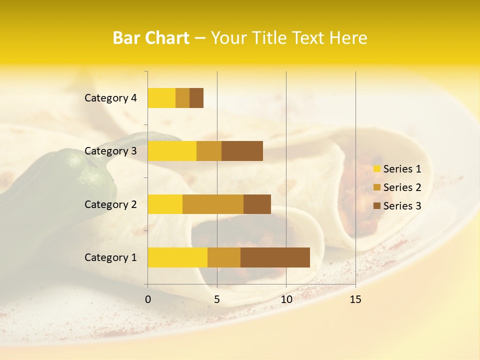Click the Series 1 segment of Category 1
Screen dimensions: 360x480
177,257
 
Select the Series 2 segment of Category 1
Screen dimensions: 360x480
224,257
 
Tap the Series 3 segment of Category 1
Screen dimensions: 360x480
275,257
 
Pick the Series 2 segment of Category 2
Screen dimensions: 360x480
213,204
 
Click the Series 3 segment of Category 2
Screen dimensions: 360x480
257,204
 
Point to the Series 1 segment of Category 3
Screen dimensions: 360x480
172,150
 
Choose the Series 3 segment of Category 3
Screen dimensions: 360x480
242,150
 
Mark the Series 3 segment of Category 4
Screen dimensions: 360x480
196,97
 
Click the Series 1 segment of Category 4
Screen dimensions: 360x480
161,97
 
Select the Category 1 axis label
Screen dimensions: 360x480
110,257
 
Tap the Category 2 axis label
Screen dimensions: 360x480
110,204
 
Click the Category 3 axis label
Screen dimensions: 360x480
110,150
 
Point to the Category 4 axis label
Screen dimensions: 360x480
110,97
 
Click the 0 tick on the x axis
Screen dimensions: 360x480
148,299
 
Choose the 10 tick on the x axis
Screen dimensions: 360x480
286,299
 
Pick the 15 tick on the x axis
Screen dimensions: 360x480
355,299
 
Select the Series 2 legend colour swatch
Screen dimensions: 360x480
376,187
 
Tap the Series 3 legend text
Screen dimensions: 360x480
402,206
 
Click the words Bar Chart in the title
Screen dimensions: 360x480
151,38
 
